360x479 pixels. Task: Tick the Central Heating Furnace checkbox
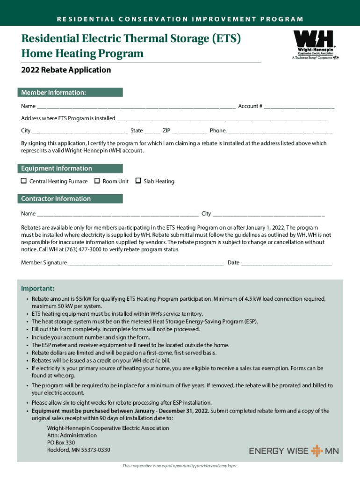click(x=23, y=181)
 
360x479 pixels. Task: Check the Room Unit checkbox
click(x=97, y=181)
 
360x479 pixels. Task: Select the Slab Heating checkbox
click(x=138, y=181)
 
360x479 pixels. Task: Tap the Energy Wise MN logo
click(x=294, y=451)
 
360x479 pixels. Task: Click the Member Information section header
click(x=70, y=93)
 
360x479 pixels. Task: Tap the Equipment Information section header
click(x=70, y=168)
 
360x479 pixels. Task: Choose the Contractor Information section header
click(x=70, y=199)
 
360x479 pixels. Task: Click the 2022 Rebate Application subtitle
click(x=66, y=70)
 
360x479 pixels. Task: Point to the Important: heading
click(x=38, y=288)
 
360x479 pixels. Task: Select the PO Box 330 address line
click(x=61, y=443)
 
